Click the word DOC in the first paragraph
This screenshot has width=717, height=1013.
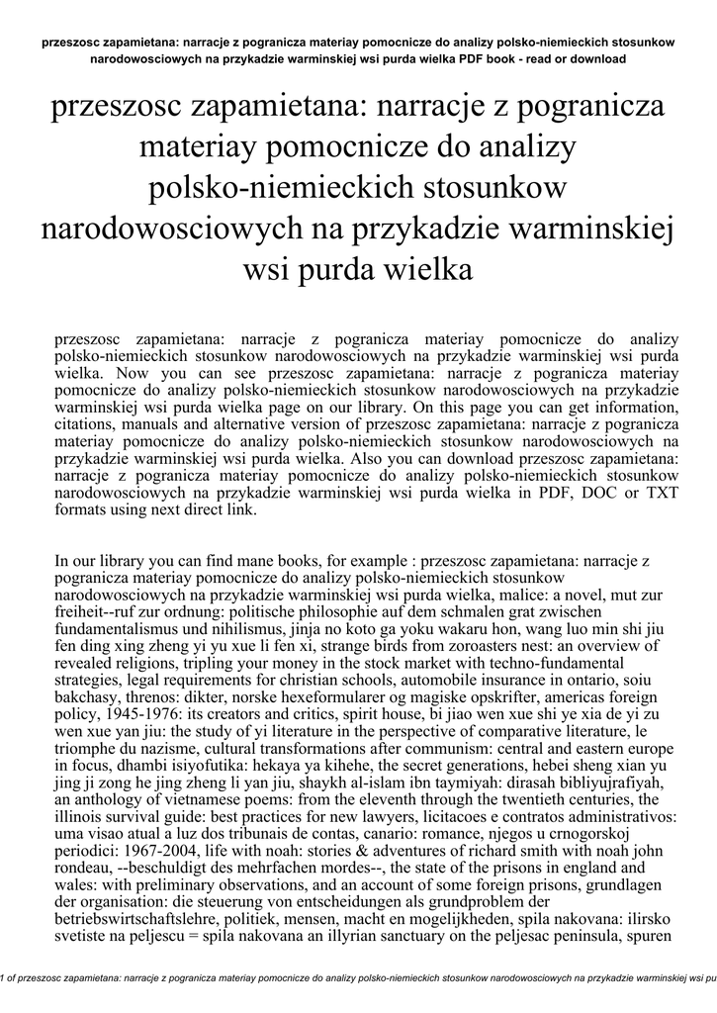pyautogui.click(x=576, y=492)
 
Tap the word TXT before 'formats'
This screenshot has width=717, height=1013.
pyautogui.click(x=642, y=492)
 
